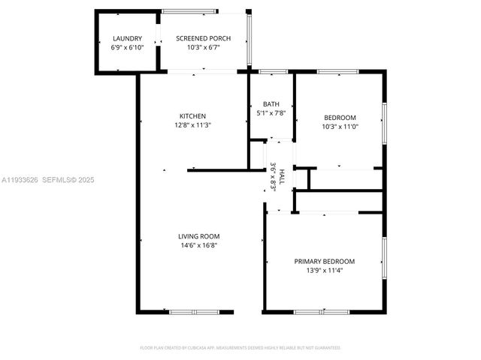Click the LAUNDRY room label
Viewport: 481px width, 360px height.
coord(126,38)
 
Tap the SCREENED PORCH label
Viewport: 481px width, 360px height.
coord(203,38)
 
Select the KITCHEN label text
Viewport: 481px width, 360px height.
coord(192,116)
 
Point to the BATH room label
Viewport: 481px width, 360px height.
coord(271,104)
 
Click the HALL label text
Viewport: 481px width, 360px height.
coord(282,178)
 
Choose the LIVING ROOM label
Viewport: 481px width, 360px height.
coord(198,236)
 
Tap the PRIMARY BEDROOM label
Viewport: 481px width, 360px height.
coord(324,261)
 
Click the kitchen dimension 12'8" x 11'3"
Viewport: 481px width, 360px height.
coord(192,125)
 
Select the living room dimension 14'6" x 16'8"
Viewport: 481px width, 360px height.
coord(198,245)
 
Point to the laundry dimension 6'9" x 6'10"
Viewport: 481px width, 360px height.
coord(126,47)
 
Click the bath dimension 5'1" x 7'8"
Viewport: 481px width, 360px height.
coord(271,113)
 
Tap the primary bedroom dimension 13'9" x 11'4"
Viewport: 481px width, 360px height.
coord(324,270)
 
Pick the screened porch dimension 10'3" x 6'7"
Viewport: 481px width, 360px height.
coord(203,47)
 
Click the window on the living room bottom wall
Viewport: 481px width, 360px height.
coord(193,312)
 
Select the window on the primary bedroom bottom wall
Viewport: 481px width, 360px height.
coord(316,312)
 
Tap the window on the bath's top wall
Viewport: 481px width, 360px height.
coord(273,71)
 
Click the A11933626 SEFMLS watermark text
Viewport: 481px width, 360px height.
coord(47,180)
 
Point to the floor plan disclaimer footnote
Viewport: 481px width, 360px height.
coord(240,348)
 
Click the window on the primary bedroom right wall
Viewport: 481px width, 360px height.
coord(384,259)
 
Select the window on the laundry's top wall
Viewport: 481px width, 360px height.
coord(126,11)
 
